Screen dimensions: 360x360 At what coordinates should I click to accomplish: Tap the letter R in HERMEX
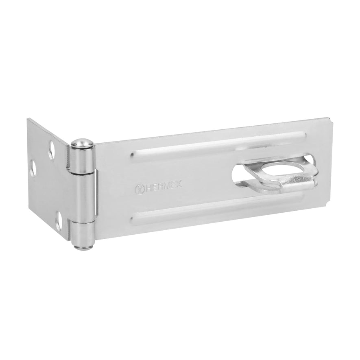159,187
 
